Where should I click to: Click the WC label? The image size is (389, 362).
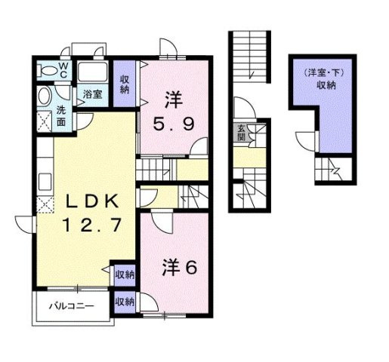pos(63,70)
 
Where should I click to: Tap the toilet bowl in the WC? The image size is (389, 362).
pos(48,70)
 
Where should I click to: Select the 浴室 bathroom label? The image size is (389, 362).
pos(92,94)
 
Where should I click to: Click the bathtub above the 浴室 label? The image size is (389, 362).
pos(93,72)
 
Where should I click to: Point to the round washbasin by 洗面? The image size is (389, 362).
pos(45,97)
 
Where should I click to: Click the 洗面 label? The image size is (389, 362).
pos(61,115)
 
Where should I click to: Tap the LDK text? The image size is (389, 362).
pos(92,201)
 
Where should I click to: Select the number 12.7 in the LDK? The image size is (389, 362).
pos(92,225)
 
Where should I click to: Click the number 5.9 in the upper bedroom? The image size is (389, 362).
pos(174,124)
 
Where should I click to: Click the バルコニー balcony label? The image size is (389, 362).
pos(72,306)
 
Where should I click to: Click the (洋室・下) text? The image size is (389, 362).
pos(324,73)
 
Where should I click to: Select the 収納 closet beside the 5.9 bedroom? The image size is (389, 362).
pos(125,84)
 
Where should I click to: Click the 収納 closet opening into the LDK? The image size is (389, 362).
pos(125,275)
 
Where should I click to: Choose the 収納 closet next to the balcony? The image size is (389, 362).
pos(125,302)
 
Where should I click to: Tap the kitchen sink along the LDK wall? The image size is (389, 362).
pos(45,182)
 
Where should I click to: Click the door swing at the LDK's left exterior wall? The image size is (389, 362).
pos(24,224)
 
